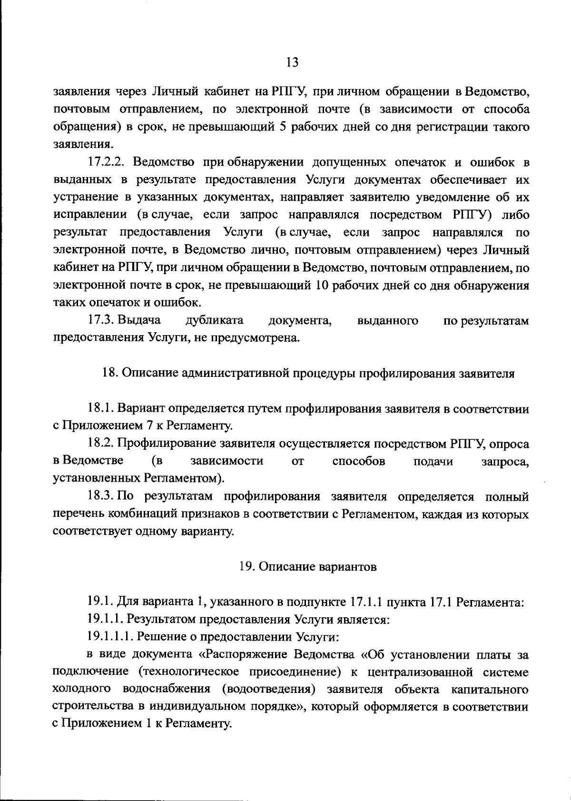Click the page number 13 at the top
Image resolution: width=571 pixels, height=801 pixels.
point(292,62)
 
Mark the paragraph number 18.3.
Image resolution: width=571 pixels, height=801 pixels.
point(101,497)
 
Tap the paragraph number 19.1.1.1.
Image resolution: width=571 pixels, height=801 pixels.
point(108,637)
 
